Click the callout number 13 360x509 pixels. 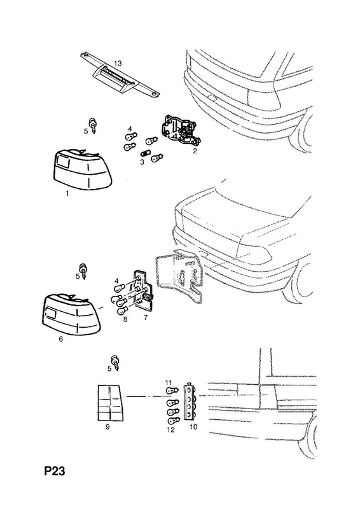click(x=118, y=63)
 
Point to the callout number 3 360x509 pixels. click(x=142, y=162)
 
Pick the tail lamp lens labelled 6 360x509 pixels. click(x=71, y=314)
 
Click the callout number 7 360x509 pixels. click(x=146, y=317)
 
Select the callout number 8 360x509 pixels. click(x=125, y=319)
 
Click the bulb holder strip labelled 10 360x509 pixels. click(x=190, y=402)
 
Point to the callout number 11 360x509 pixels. click(x=168, y=383)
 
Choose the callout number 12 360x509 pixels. click(x=170, y=430)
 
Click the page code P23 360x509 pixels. click(x=55, y=471)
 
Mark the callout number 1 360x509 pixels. click(x=67, y=193)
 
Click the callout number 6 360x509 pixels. click(x=60, y=339)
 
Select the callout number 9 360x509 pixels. click(x=107, y=427)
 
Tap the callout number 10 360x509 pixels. click(x=193, y=426)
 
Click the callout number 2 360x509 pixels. click(x=195, y=151)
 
